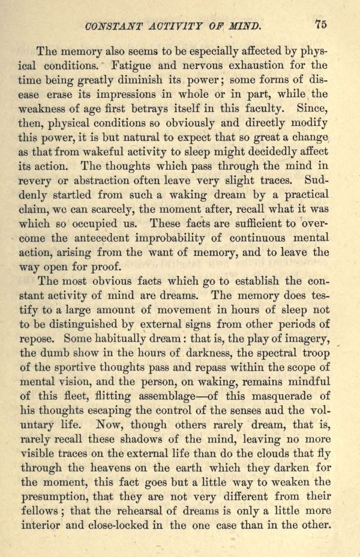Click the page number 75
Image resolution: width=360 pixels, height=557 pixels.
click(x=320, y=25)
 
